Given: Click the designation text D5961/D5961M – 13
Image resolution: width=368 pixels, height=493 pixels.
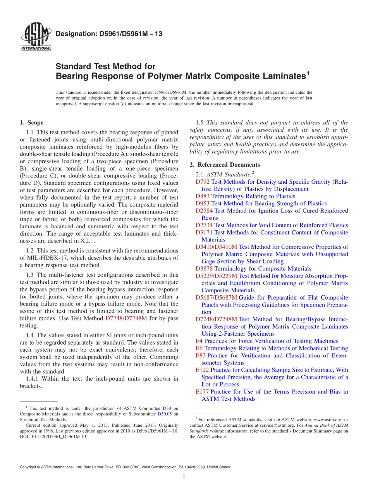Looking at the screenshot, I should click(109, 34).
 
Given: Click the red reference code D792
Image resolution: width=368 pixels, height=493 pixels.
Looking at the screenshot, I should click(203, 182).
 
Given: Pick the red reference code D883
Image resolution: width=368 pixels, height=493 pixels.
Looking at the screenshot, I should click(203, 196).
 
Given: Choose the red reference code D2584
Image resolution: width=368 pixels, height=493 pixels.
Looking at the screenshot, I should click(204, 211).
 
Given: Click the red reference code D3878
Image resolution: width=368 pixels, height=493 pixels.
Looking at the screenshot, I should click(204, 269).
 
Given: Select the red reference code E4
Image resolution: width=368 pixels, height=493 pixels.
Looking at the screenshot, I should click(199, 341).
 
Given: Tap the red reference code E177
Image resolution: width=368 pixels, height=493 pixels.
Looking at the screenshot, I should click(202, 392).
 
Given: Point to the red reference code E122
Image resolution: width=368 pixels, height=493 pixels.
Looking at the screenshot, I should click(202, 370).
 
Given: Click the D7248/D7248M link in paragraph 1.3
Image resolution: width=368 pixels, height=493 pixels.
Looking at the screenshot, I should click(126, 319).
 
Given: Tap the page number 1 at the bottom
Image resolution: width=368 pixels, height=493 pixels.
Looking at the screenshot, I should click(184, 476).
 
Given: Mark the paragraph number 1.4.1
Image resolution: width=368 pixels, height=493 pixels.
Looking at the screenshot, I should click(33, 379).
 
